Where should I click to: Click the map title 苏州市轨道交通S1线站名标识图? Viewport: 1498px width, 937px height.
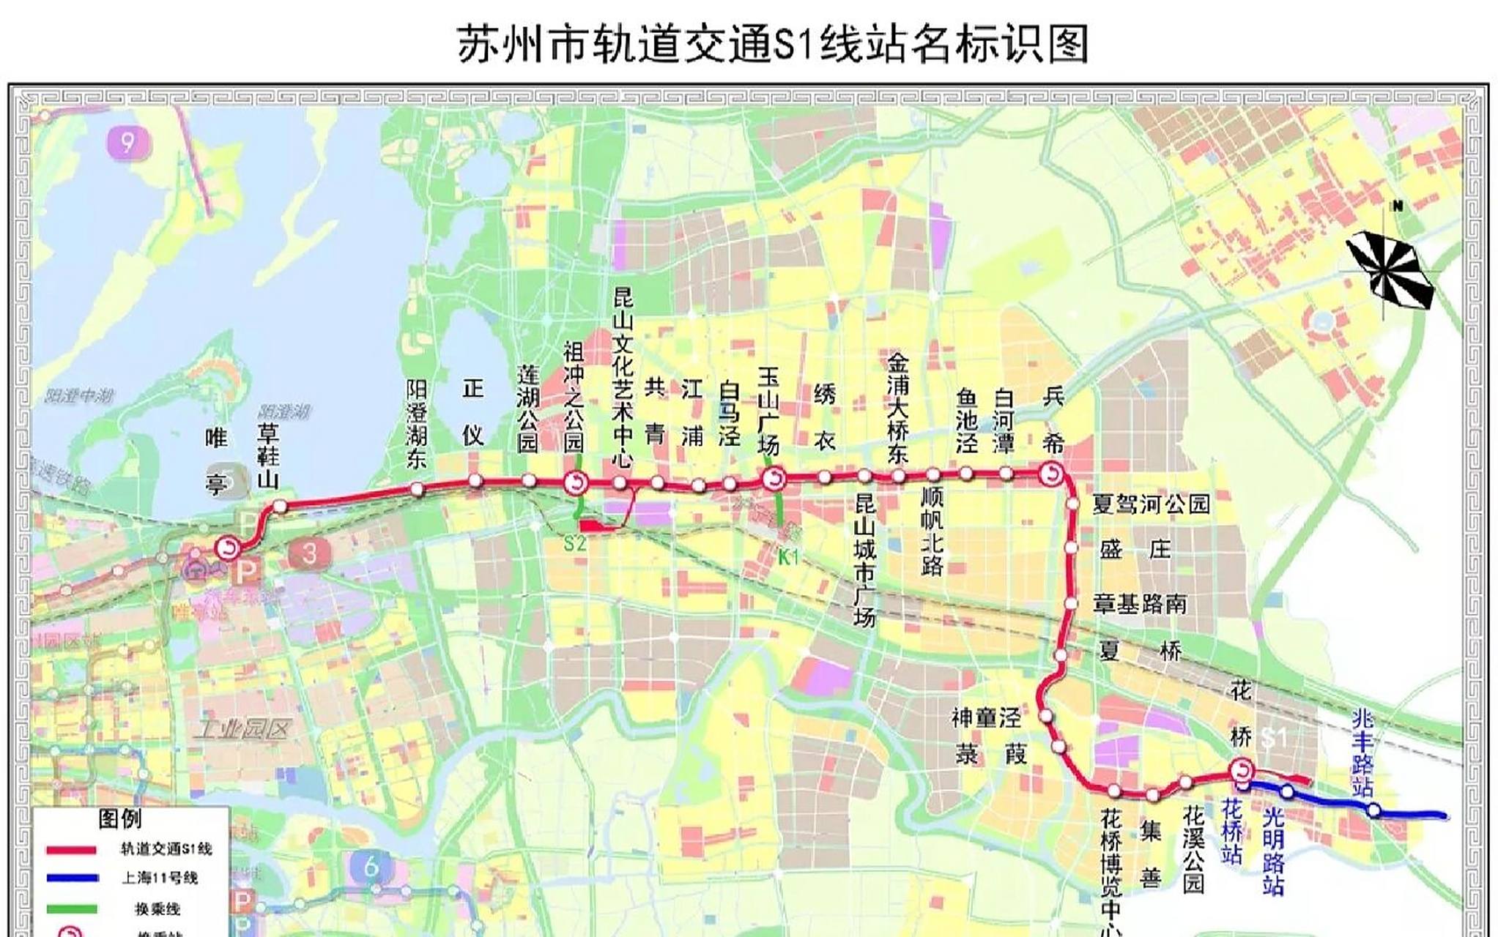tap(773, 44)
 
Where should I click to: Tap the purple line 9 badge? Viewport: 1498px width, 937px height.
tap(128, 143)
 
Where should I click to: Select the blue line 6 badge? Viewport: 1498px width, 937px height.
tap(371, 867)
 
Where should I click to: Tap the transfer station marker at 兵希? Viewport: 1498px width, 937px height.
tap(1053, 474)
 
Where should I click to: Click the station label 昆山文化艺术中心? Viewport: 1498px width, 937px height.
tap(623, 378)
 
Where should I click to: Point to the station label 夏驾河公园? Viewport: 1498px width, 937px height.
tap(1151, 504)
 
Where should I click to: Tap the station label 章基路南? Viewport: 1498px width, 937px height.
tap(1140, 604)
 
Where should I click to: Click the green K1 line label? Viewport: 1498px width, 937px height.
tap(788, 558)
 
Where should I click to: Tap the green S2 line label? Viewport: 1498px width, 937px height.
tap(575, 544)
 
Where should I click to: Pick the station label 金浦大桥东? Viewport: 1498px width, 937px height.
tap(898, 408)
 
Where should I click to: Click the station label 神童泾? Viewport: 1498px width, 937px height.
tap(986, 717)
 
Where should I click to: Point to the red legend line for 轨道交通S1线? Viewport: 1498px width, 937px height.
tap(71, 850)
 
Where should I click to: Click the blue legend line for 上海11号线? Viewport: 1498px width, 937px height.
tap(71, 878)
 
